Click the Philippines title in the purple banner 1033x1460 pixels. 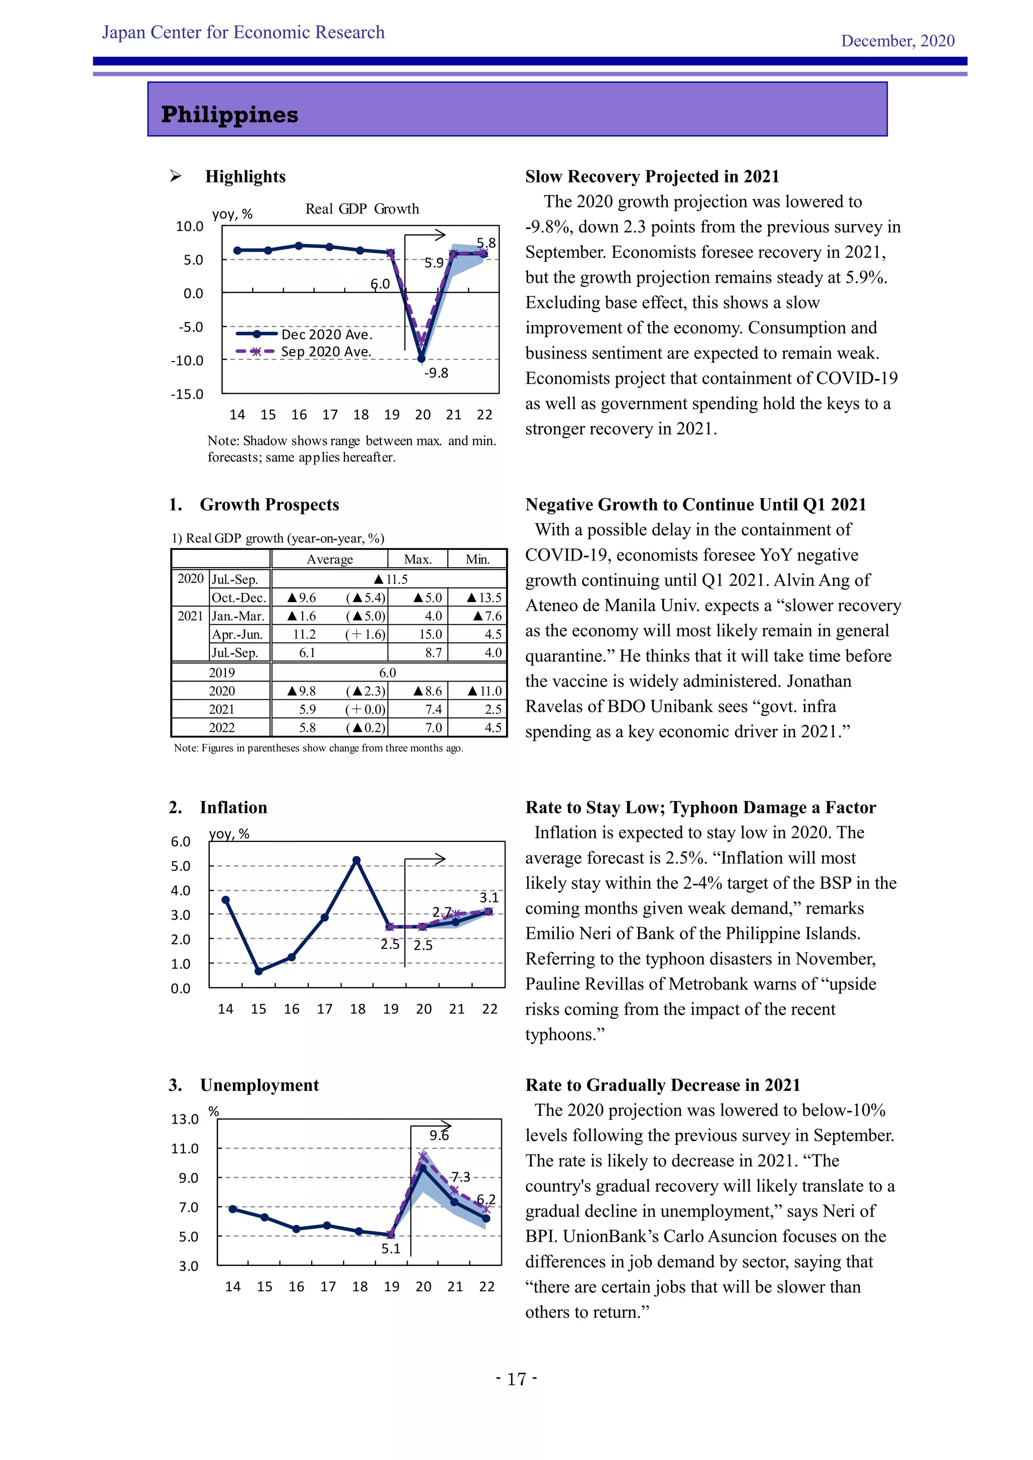pyautogui.click(x=229, y=114)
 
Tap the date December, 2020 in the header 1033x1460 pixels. pyautogui.click(x=897, y=41)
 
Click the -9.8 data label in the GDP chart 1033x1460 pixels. pyautogui.click(x=436, y=373)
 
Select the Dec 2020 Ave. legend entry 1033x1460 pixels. pyautogui.click(x=326, y=334)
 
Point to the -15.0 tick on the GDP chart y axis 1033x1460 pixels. pyautogui.click(x=187, y=394)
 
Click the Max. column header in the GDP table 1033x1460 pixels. pyautogui.click(x=418, y=559)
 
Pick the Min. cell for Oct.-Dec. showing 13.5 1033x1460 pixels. pyautogui.click(x=484, y=597)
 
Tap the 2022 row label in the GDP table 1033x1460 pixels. pyautogui.click(x=221, y=727)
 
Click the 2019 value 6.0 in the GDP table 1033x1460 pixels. pyautogui.click(x=387, y=672)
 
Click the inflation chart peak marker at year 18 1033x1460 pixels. pyautogui.click(x=357, y=861)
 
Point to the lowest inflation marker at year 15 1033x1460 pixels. pyautogui.click(x=259, y=971)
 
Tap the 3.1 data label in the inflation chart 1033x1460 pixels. pyautogui.click(x=489, y=897)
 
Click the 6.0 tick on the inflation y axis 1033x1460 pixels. pyautogui.click(x=181, y=841)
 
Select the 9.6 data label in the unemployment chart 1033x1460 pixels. pyautogui.click(x=439, y=1135)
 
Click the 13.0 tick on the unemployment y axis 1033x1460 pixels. pyautogui.click(x=185, y=1119)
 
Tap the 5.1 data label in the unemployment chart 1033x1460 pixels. pyautogui.click(x=390, y=1248)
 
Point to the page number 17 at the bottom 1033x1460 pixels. pyautogui.click(x=516, y=1379)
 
